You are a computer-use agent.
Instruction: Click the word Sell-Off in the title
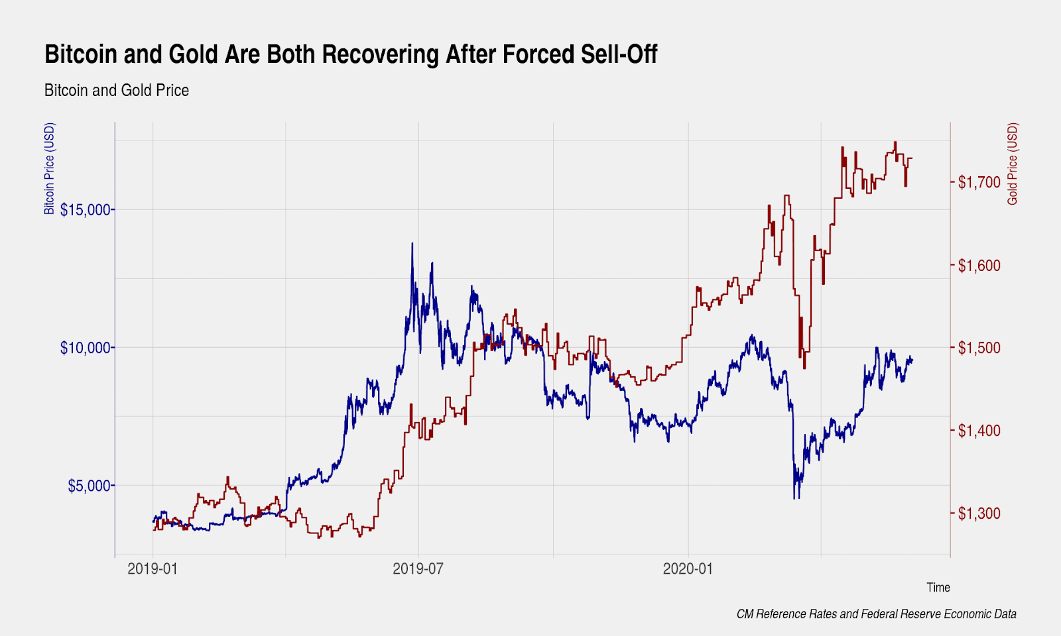(618, 54)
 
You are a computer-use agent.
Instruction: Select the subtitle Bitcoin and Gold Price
(117, 90)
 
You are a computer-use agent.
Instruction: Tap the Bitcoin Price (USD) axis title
(50, 169)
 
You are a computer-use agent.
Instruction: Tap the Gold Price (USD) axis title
(1012, 164)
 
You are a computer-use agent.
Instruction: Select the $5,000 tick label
(90, 486)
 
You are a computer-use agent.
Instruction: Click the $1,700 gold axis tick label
(979, 182)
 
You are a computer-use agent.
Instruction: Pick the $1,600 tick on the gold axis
(979, 266)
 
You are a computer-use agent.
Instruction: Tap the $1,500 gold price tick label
(979, 348)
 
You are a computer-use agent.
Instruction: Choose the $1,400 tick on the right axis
(979, 431)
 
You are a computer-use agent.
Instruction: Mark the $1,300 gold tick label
(979, 513)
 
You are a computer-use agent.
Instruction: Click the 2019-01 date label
(153, 568)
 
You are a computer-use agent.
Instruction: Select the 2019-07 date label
(418, 568)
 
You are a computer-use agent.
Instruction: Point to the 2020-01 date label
(688, 568)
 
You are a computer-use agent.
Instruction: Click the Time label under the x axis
(938, 588)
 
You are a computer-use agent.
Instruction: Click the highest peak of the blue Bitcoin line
(412, 244)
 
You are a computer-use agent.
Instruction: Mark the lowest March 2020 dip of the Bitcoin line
(794, 497)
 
